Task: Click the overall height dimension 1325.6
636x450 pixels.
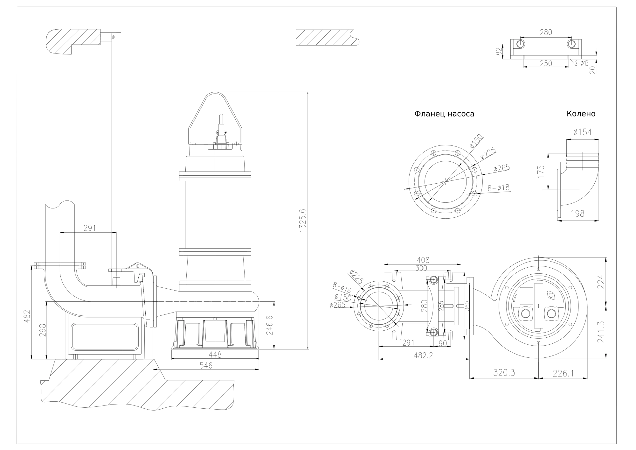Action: coord(302,221)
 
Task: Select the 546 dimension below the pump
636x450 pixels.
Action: coord(206,366)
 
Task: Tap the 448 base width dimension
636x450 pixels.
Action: coord(215,355)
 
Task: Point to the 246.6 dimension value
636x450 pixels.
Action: coord(269,325)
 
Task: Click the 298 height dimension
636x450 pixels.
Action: coord(43,330)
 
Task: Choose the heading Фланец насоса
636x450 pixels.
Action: coord(444,114)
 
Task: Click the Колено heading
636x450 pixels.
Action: coord(581,114)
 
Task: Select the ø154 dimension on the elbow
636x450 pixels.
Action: coord(583,132)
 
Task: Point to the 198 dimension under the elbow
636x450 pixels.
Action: coord(577,214)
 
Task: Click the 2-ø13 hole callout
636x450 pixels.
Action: coord(581,63)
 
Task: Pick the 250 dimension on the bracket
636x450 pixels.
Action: coord(546,63)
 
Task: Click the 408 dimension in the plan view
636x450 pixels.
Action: coord(422,260)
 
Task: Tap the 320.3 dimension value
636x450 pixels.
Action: coord(504,373)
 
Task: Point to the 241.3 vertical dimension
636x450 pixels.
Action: coord(601,332)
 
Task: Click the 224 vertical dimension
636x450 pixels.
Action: coord(601,281)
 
